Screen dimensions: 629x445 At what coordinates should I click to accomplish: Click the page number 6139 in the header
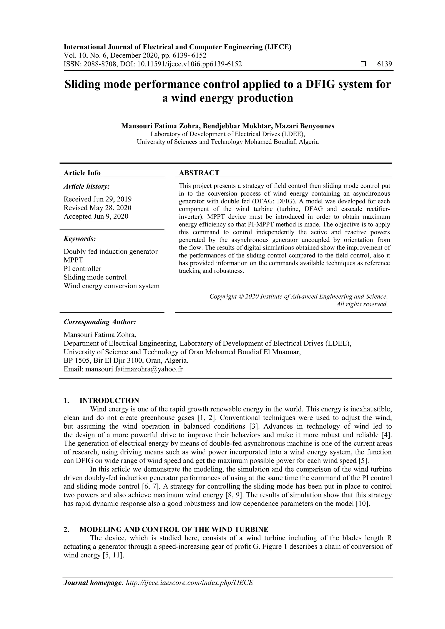(x=384, y=64)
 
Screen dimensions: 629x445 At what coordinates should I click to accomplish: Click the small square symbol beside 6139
(x=363, y=64)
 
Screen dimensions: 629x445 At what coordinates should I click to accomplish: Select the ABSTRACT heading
(x=199, y=173)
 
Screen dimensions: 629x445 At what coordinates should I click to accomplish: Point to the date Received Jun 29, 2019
(x=98, y=199)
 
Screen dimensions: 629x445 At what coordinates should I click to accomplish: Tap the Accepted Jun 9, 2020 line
(x=96, y=216)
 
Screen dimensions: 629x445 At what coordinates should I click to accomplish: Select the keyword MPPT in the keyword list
(x=73, y=260)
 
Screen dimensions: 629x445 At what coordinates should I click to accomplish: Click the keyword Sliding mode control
(x=95, y=277)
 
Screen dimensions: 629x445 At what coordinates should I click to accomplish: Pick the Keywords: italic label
(x=80, y=239)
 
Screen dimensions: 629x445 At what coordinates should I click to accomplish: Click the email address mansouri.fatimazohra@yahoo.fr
(x=134, y=369)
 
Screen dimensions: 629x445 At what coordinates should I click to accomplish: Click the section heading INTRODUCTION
(x=109, y=401)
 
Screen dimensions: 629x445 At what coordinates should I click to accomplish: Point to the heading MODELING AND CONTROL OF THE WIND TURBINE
(x=174, y=529)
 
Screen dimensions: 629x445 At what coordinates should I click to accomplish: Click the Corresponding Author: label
(x=100, y=322)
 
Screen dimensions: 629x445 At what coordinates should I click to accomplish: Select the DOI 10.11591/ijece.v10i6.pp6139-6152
(x=189, y=64)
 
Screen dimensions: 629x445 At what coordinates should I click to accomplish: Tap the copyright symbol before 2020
(x=241, y=296)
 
